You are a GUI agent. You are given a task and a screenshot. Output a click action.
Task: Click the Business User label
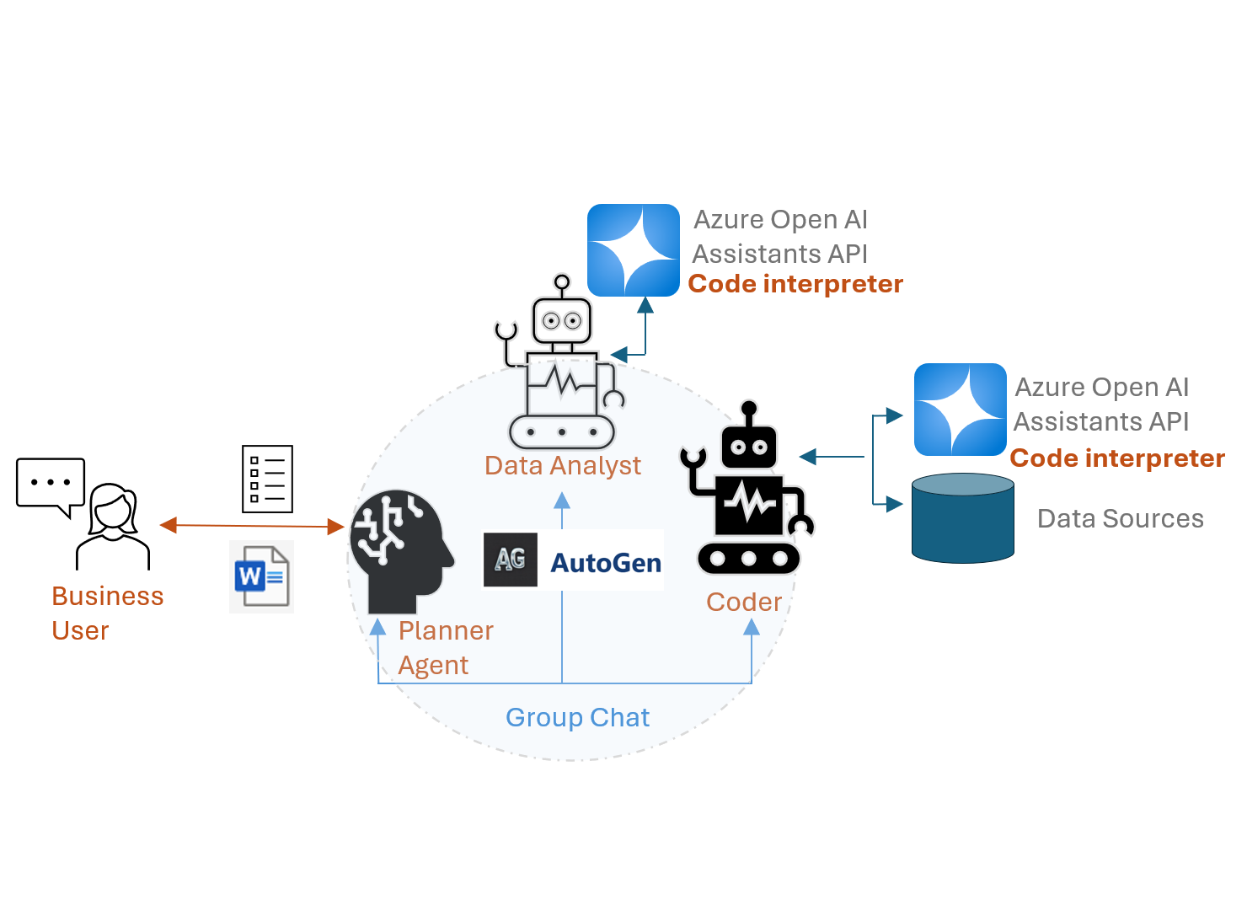107,613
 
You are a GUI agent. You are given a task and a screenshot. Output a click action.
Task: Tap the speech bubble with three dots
51,484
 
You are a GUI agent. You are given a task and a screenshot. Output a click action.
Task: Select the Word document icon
261,576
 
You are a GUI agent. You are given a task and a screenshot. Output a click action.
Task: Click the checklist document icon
267,479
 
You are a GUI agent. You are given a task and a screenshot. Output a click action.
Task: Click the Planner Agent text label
445,647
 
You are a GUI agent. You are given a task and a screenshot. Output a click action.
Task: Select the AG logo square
510,560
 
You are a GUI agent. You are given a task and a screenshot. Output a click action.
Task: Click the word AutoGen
605,562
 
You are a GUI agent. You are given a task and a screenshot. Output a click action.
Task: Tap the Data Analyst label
562,465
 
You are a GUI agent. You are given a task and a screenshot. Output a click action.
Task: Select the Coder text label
743,602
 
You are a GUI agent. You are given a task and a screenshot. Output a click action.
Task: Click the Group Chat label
577,717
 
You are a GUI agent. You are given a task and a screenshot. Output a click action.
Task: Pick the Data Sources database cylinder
962,518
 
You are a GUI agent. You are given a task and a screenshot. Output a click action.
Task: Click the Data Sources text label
1120,518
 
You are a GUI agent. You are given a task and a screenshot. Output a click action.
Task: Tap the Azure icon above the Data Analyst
633,250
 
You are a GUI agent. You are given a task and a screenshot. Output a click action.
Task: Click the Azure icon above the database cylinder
960,410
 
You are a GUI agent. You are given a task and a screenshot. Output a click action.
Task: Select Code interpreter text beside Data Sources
1116,458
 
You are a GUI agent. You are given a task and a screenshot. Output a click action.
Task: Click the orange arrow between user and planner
252,526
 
